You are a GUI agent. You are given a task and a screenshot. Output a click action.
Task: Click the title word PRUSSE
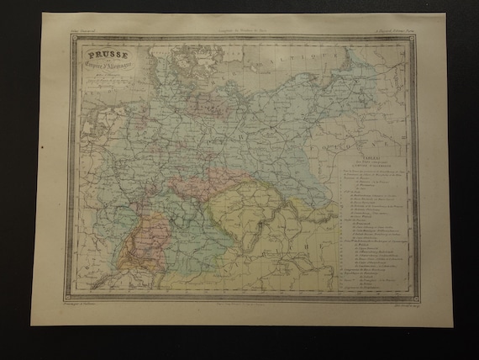(x=104, y=58)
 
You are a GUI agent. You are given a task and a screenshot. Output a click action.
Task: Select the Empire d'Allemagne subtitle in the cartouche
(x=105, y=70)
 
